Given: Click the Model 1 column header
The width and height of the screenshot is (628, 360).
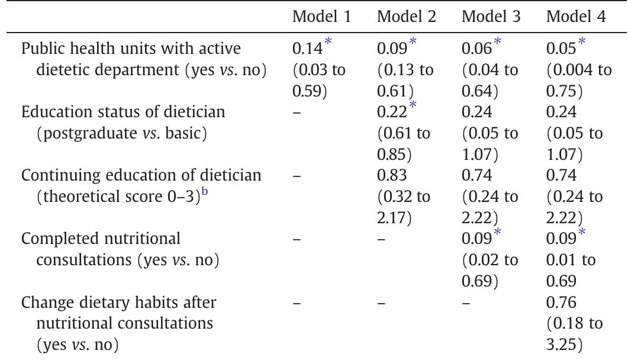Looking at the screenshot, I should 321,17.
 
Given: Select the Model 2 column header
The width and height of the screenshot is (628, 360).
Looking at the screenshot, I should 406,17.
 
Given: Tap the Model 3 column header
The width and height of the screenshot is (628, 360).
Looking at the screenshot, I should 491,17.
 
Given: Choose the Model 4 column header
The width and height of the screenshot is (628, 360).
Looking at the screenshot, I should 575,17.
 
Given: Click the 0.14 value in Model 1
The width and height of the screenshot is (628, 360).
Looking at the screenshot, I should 304,50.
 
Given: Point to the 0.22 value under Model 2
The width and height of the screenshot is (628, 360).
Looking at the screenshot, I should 389,112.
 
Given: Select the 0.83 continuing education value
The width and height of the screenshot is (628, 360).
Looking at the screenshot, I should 389,175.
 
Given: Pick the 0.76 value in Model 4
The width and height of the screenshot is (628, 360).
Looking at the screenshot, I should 558,303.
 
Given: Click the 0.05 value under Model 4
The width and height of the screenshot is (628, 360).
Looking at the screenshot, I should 558,50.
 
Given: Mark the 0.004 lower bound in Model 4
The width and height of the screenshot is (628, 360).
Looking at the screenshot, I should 574,70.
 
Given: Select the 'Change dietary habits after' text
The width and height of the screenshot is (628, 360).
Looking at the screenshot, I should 119,303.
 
